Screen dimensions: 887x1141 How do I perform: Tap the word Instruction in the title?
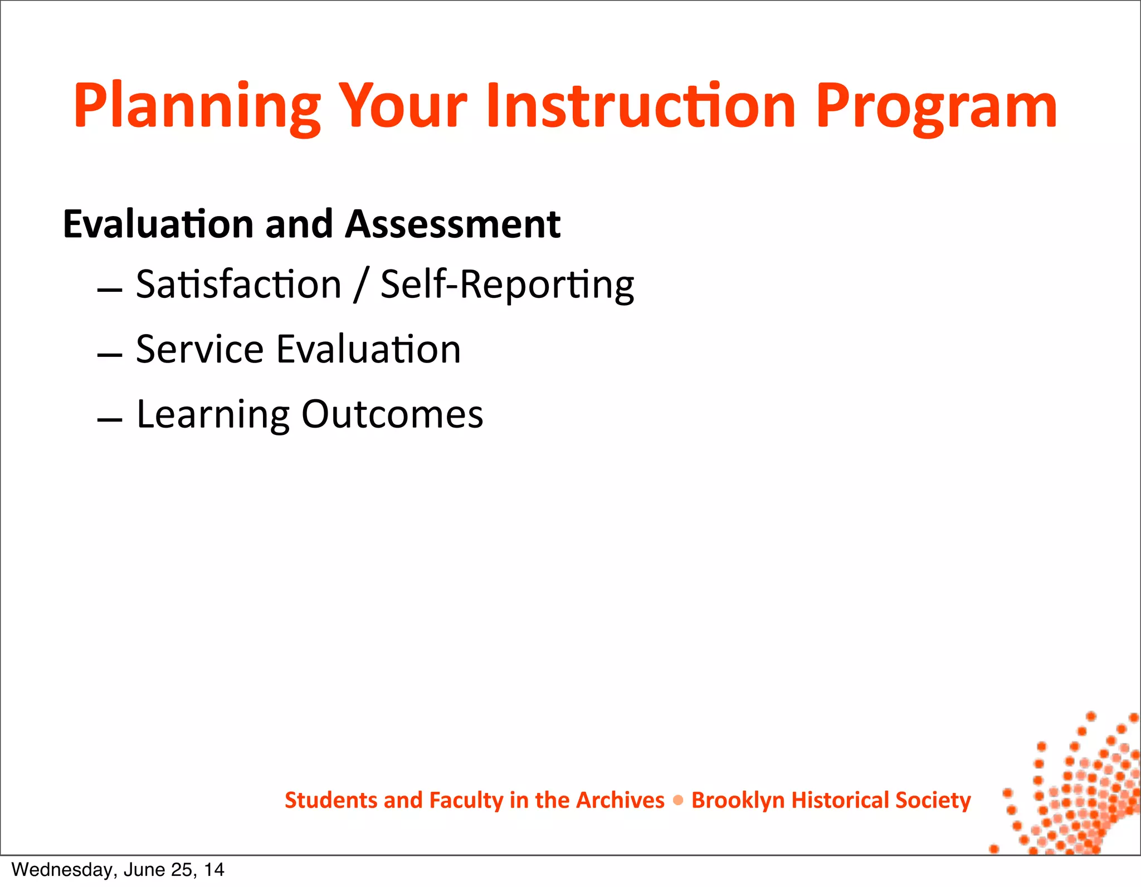(641, 106)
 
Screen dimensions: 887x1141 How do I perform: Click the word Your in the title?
(402, 106)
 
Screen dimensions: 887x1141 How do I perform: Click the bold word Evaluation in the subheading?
(159, 224)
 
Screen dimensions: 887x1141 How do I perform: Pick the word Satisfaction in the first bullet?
(238, 285)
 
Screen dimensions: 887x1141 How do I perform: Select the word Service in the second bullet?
(199, 350)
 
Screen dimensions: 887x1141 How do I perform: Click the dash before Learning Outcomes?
(110, 420)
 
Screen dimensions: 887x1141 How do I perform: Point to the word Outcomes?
(392, 414)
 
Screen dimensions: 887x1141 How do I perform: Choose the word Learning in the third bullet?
(213, 415)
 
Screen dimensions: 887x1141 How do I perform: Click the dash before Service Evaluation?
(110, 355)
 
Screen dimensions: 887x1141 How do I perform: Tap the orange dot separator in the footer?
(678, 801)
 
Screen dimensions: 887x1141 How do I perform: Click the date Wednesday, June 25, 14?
(118, 870)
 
